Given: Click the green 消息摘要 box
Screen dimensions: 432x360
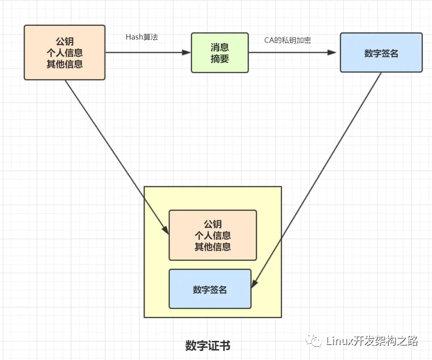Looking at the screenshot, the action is tap(220, 53).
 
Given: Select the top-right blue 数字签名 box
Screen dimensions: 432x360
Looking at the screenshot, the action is tap(382, 53).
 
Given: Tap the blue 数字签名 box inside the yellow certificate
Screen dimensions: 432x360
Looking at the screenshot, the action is tap(210, 289).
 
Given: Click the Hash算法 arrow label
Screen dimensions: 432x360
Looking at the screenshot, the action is tap(142, 37).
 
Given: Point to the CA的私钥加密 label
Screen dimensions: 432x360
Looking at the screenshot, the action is tap(287, 40).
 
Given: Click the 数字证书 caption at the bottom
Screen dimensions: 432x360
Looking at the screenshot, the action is tap(208, 346).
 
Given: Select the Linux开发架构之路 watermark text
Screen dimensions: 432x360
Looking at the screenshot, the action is tap(372, 341).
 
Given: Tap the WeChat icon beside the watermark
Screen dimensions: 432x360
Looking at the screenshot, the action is tap(314, 341).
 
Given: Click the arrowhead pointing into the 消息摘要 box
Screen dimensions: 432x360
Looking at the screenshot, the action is tap(186, 52).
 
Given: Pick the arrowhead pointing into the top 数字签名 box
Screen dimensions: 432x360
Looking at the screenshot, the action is tap(332, 52).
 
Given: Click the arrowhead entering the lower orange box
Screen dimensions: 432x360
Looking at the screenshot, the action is tap(166, 229).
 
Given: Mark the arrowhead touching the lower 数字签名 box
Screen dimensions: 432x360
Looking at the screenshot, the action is tap(254, 284).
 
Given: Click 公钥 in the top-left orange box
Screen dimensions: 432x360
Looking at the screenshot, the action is tap(65, 41).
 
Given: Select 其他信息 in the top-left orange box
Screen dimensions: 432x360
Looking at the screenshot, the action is tap(65, 64).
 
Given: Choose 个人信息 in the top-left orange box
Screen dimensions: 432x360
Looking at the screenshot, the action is tap(65, 53).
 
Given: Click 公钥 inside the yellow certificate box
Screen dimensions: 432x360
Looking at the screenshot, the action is tap(212, 224).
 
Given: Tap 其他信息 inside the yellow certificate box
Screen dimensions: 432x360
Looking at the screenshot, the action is tap(212, 247).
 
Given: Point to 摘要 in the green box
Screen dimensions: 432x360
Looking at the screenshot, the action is tap(220, 58).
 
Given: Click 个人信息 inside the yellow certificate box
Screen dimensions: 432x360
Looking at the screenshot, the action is tap(212, 235).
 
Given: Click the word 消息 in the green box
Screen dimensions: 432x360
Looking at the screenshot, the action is tap(220, 47).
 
